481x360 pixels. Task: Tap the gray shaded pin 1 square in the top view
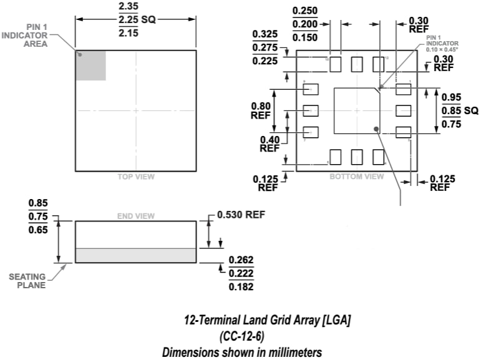point(91,65)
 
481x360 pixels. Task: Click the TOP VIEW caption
point(136,177)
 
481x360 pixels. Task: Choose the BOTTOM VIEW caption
point(357,177)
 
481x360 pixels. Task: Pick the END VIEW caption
point(136,216)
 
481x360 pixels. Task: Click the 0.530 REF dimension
point(241,215)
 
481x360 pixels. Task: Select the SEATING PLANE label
point(27,281)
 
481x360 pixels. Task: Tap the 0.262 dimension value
point(241,260)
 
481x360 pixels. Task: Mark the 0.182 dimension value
point(241,287)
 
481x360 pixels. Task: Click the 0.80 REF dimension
point(260,110)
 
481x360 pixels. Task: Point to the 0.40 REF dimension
point(270,144)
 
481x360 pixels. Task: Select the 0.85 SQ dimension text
point(460,110)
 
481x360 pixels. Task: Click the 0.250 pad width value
point(305,11)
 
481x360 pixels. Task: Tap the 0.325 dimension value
point(265,34)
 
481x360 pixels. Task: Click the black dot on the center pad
point(377,129)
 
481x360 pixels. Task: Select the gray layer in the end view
point(136,255)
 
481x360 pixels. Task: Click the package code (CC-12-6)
point(242,336)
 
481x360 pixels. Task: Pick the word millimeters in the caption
point(290,353)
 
